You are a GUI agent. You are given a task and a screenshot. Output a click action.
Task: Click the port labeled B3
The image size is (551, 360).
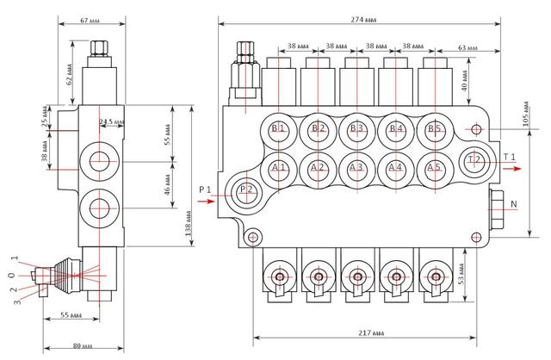357,129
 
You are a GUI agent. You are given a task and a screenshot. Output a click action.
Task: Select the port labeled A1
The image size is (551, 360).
279,169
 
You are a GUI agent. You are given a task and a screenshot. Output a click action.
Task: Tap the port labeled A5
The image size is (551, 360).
435,169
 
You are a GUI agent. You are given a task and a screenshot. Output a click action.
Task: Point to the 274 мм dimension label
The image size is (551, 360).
363,20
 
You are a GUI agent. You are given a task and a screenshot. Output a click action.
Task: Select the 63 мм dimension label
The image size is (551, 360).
468,47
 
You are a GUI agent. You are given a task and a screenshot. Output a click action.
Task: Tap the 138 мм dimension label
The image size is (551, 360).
189,223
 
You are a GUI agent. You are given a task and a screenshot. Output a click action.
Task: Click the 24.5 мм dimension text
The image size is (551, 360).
111,122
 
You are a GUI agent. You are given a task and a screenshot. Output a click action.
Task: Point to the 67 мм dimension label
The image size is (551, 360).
90,21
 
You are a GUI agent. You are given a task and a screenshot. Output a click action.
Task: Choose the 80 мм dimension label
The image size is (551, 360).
83,346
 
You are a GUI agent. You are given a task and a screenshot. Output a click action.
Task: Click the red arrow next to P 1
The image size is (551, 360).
206,202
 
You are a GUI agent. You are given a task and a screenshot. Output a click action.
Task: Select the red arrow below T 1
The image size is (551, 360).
512,169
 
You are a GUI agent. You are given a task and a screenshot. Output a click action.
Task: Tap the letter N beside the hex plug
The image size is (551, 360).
514,204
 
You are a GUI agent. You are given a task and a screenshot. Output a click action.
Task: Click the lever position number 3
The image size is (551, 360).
17,301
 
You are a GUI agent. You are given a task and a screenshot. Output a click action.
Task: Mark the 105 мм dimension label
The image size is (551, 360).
526,114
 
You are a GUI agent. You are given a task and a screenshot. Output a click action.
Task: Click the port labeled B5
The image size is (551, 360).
435,129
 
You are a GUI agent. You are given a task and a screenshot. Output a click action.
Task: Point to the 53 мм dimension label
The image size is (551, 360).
461,274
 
